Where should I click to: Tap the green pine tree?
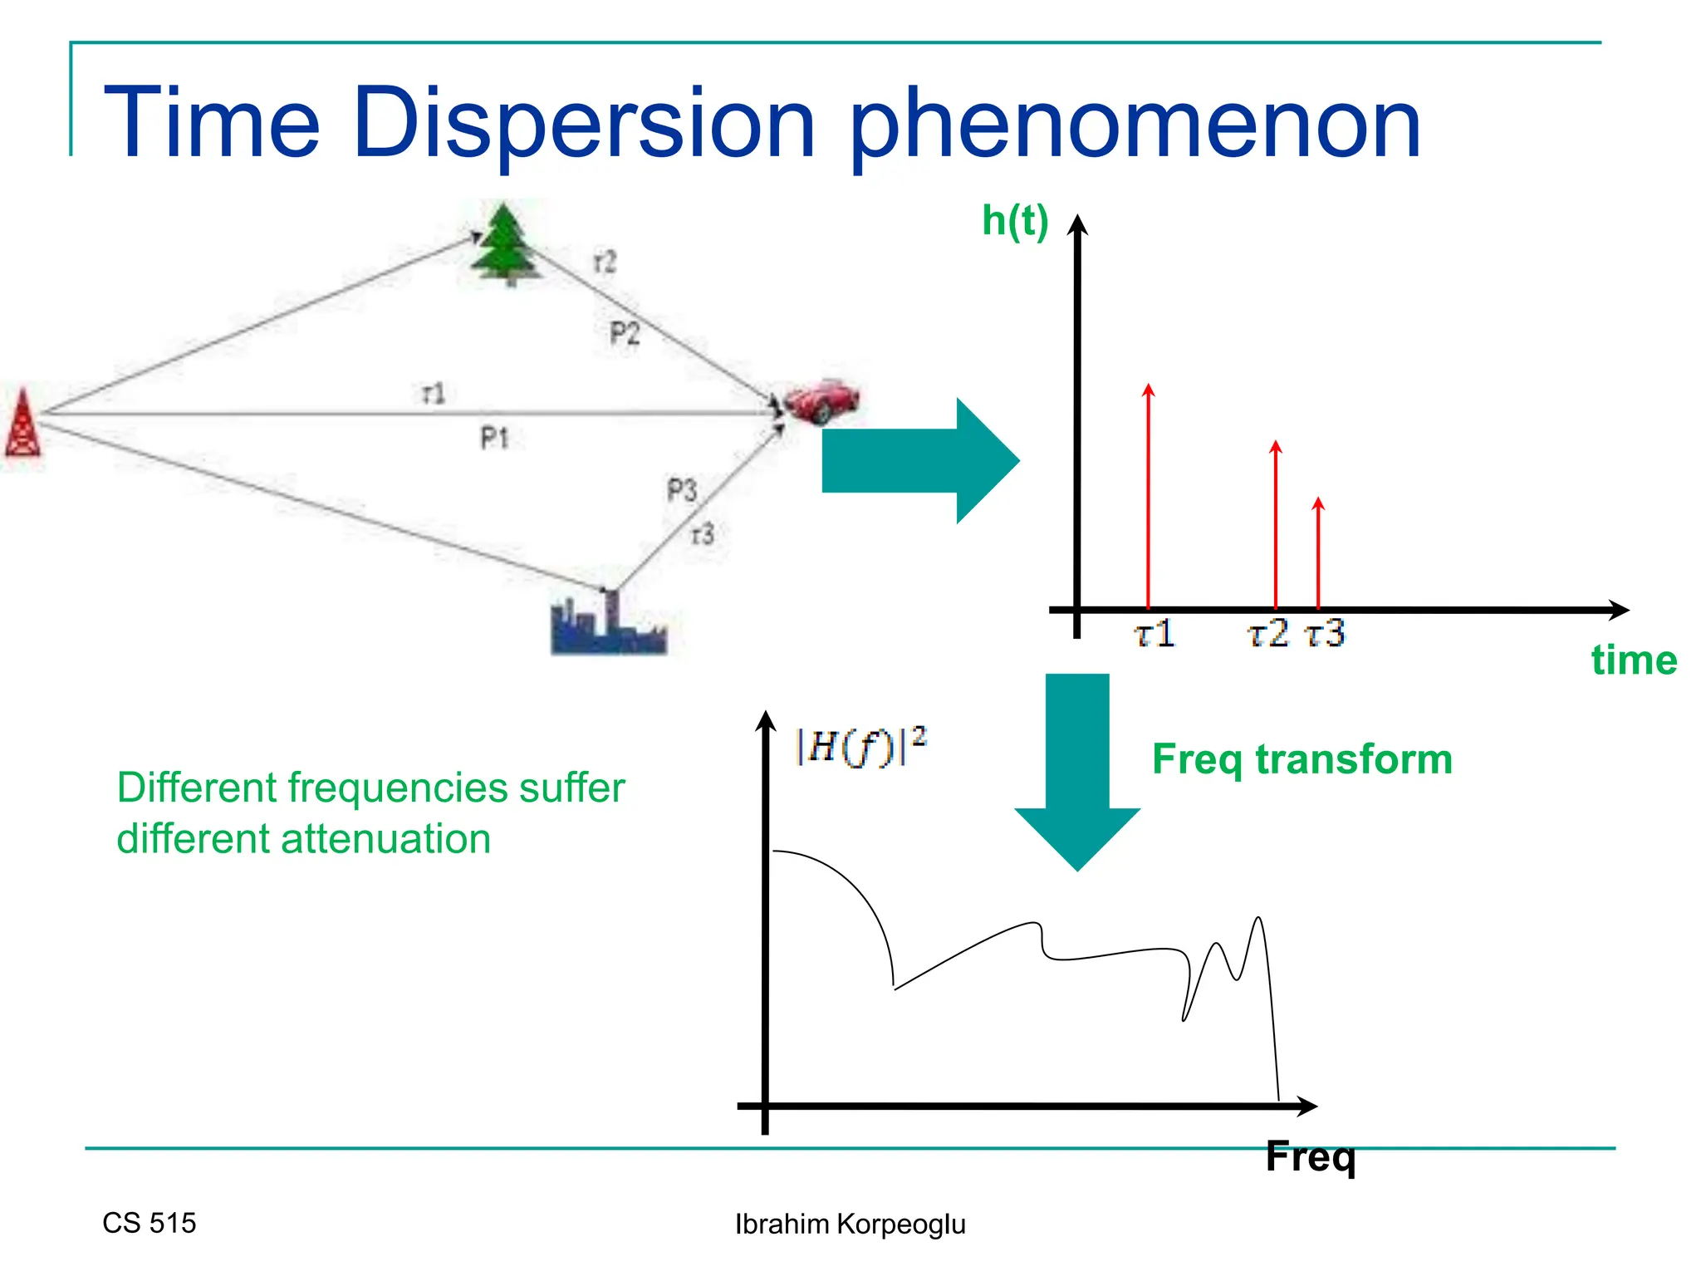click(x=504, y=244)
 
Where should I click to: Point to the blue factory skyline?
click(x=608, y=626)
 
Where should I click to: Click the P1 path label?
click(x=494, y=437)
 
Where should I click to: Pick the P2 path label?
click(x=625, y=334)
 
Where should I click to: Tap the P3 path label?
click(x=682, y=490)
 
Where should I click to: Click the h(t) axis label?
click(x=1015, y=221)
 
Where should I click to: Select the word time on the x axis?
click(x=1634, y=660)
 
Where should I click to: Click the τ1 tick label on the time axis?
click(x=1154, y=635)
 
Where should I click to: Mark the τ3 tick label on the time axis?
click(x=1325, y=635)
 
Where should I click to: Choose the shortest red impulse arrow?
click(x=1318, y=552)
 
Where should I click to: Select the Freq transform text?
click(x=1301, y=759)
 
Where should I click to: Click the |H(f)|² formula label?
click(x=860, y=745)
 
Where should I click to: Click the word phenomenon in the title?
click(x=1135, y=125)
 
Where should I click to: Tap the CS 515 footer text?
click(x=150, y=1223)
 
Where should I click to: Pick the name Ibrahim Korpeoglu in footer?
click(x=850, y=1224)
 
